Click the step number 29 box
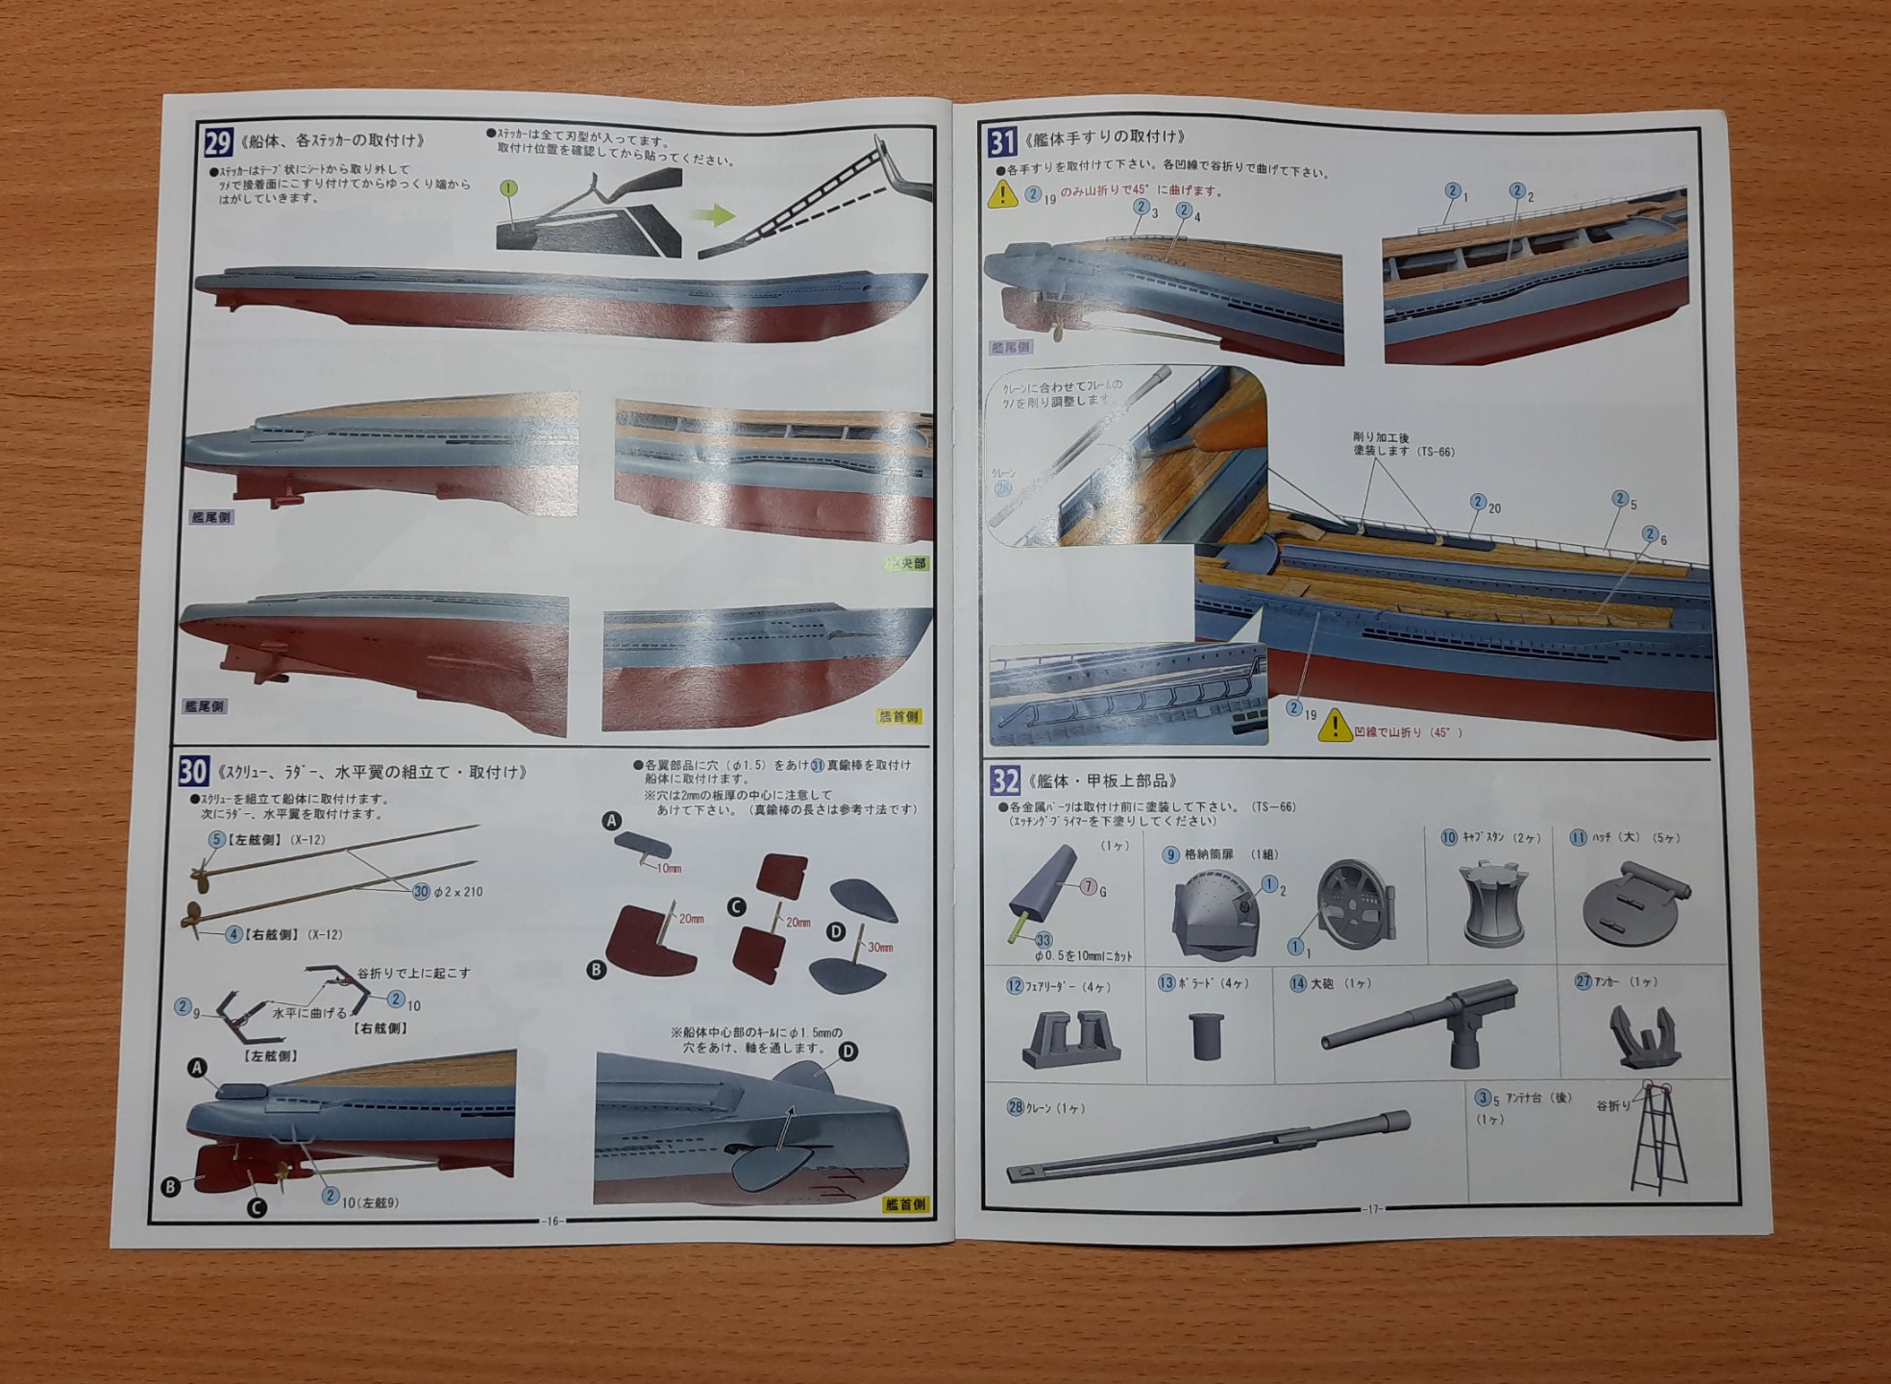(218, 142)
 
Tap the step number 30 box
(193, 771)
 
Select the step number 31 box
(1002, 142)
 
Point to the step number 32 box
(1005, 779)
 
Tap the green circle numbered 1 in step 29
(508, 188)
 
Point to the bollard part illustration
(1206, 1034)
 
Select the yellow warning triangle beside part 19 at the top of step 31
(1002, 194)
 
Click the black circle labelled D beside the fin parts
(836, 931)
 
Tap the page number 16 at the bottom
(551, 1221)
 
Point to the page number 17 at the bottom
(1373, 1209)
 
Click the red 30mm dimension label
(880, 948)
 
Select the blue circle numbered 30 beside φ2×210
(421, 892)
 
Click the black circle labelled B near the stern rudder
(171, 1186)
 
